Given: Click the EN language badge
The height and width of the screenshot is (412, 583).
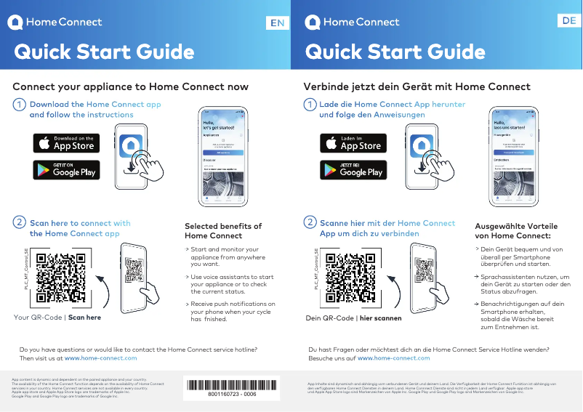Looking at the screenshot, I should pyautogui.click(x=277, y=23).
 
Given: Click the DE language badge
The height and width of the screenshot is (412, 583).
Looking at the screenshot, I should pyautogui.click(x=568, y=22).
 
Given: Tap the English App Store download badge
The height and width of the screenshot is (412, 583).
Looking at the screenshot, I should pyautogui.click(x=66, y=142).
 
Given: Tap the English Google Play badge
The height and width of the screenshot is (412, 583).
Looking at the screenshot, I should pyautogui.click(x=66, y=170).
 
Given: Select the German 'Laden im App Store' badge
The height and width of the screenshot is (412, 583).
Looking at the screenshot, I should pyautogui.click(x=353, y=142).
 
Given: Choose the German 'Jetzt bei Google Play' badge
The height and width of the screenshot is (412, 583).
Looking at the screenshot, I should pyautogui.click(x=353, y=170).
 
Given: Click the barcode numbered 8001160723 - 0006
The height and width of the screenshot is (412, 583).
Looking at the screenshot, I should pyautogui.click(x=232, y=385).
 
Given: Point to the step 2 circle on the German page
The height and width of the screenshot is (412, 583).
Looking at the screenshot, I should pyautogui.click(x=310, y=222).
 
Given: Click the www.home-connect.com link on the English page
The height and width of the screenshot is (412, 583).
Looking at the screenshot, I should pyautogui.click(x=101, y=358).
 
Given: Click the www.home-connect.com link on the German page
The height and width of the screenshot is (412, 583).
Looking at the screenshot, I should pyautogui.click(x=394, y=358).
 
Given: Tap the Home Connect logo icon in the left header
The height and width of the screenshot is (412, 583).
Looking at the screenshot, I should pyautogui.click(x=15, y=23).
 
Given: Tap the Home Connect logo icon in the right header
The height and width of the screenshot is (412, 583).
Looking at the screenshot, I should pyautogui.click(x=313, y=23).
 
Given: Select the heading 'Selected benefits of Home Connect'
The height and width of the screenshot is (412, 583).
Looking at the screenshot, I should pyautogui.click(x=223, y=230).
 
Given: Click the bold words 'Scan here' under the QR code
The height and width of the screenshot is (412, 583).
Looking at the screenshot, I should pyautogui.click(x=84, y=318).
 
